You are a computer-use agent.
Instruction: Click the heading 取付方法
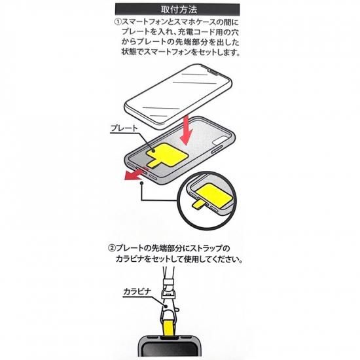179,10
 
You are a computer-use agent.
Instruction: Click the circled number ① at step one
118,22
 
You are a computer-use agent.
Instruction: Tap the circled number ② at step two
111,248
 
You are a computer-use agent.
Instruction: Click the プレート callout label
124,128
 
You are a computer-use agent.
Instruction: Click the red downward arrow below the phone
187,130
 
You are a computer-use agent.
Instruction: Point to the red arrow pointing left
136,174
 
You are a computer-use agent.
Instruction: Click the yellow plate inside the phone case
167,154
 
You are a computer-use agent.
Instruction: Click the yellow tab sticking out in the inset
198,205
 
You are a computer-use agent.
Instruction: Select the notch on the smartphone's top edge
212,71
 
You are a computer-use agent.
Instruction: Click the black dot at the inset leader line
142,183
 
